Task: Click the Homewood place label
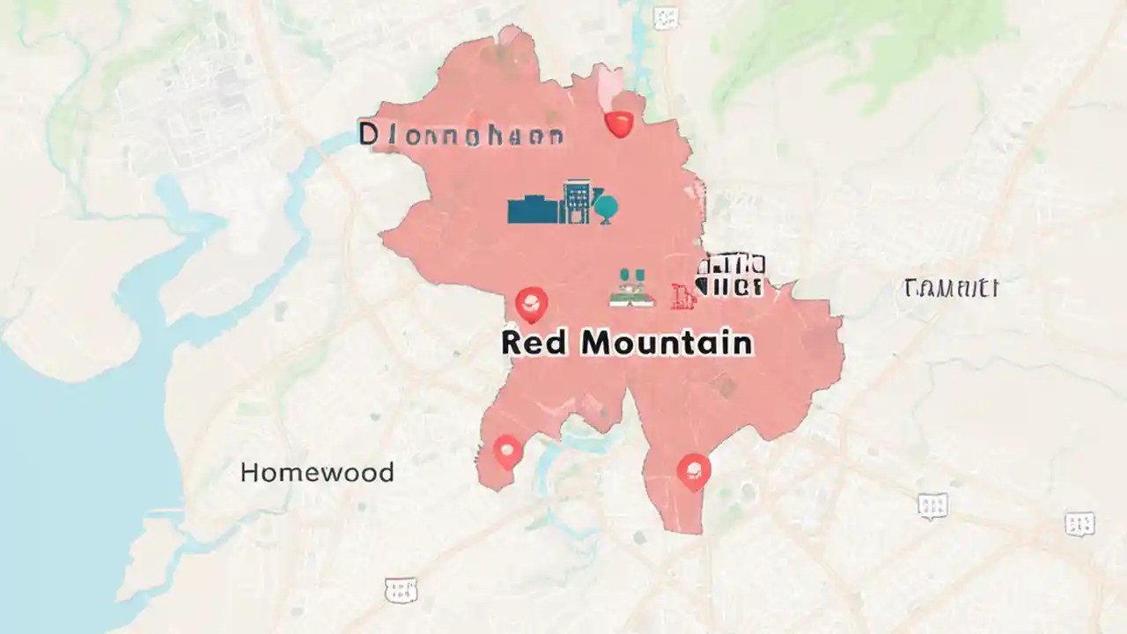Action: (x=317, y=473)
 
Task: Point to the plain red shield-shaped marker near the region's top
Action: (x=620, y=124)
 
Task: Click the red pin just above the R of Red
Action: (x=530, y=305)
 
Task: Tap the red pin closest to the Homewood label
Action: (x=507, y=453)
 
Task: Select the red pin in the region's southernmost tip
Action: (x=694, y=471)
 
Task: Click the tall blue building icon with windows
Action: (x=577, y=202)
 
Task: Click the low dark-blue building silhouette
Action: (x=534, y=210)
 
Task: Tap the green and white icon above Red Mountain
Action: (x=633, y=288)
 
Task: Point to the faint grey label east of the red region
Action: (x=951, y=288)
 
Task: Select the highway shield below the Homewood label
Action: (x=400, y=590)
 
